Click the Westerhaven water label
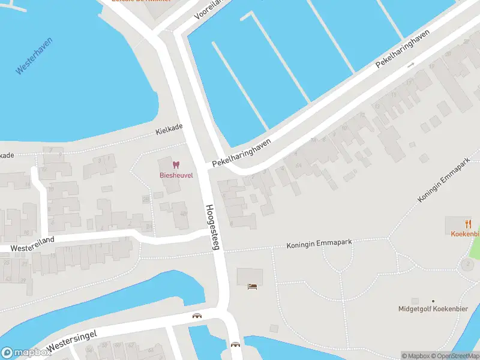point(34,56)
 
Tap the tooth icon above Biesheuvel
point(176,164)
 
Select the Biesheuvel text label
point(175,175)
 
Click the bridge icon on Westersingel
point(196,316)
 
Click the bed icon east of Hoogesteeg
point(253,286)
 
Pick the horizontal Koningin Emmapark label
point(318,244)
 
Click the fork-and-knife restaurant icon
point(468,224)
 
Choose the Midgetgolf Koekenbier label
point(432,310)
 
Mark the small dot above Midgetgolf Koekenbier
point(433,301)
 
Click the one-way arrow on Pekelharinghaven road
point(411,65)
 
